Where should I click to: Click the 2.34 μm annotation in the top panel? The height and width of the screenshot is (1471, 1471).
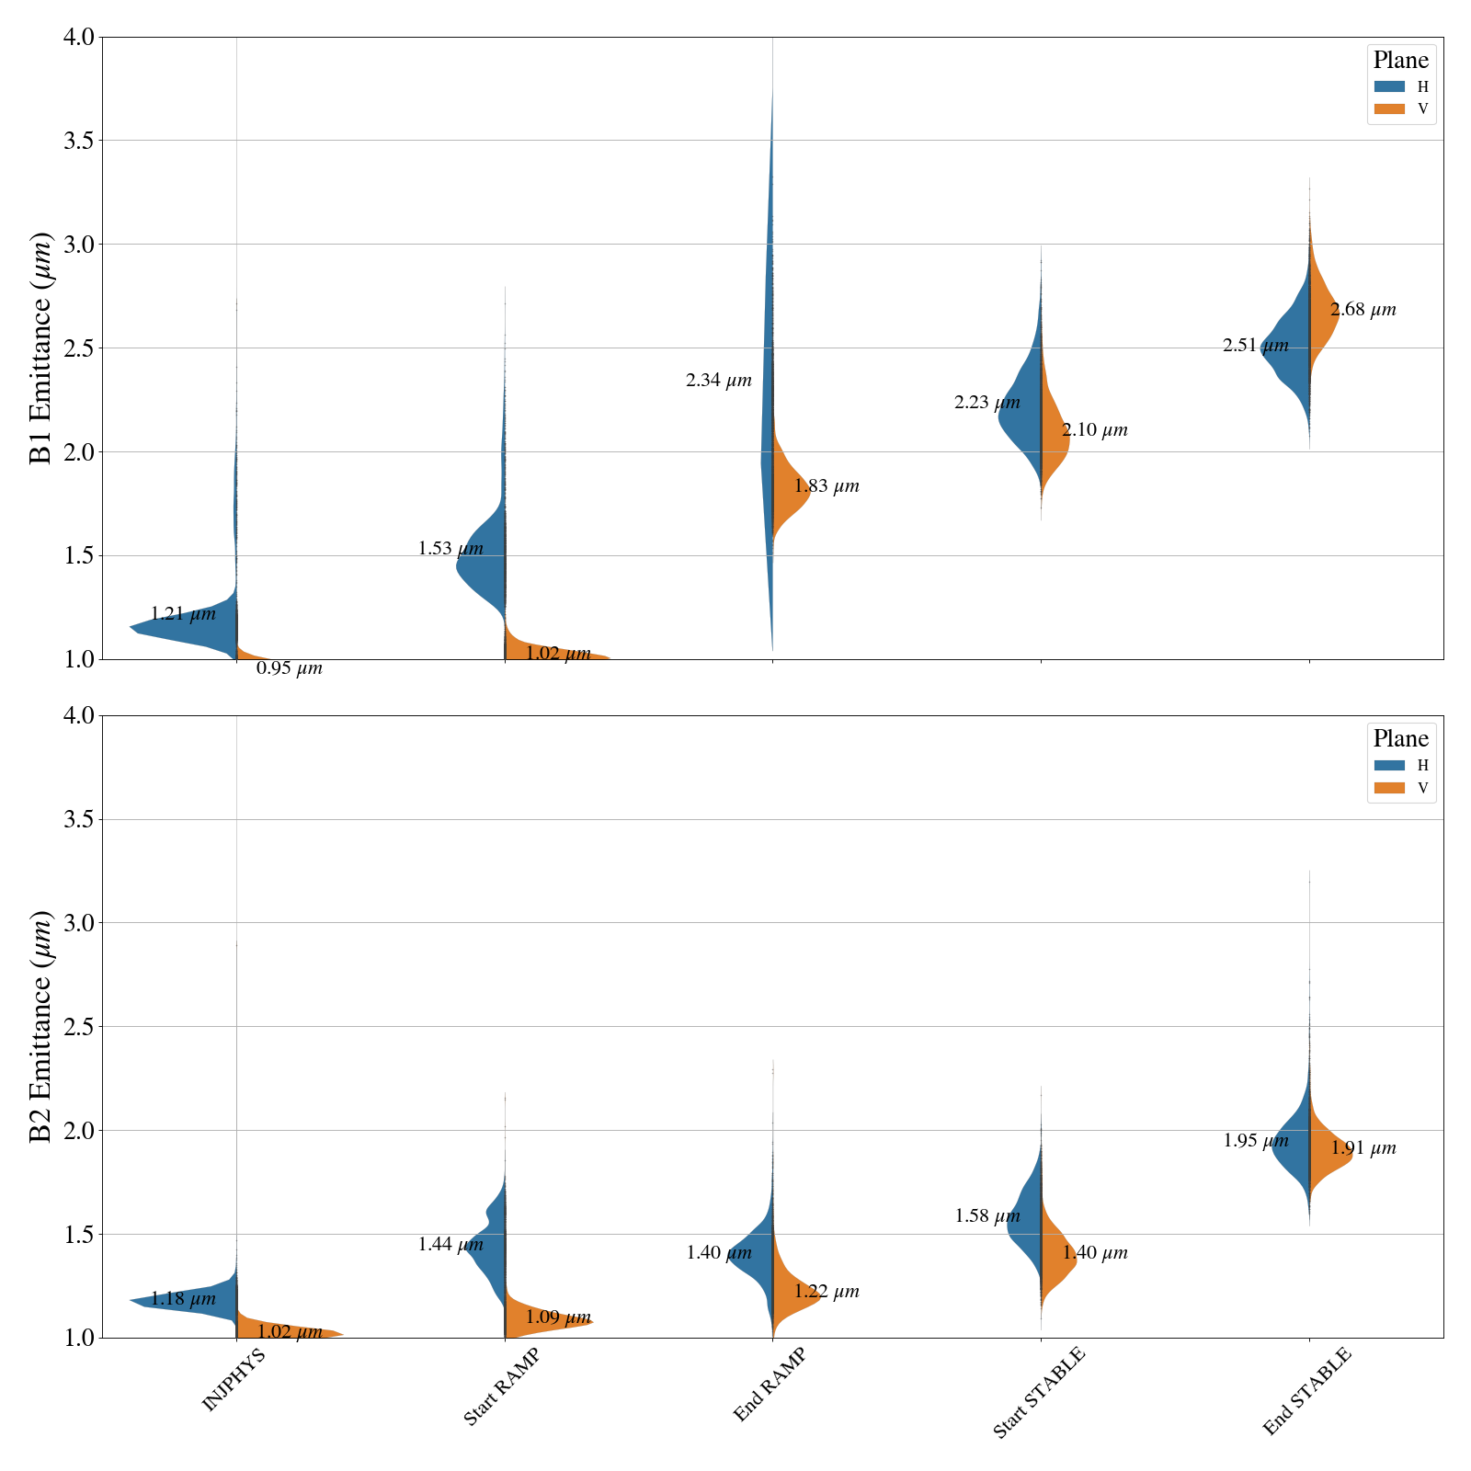[x=719, y=381]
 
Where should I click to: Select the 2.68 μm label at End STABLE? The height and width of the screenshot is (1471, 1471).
[x=1363, y=310]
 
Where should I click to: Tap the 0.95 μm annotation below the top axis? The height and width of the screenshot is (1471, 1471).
[x=290, y=668]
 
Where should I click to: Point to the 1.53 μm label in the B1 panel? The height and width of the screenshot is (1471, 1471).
[x=450, y=549]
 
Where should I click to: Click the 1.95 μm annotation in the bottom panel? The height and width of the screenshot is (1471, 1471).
[x=1256, y=1141]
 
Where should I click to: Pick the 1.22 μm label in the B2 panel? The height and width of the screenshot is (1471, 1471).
[x=827, y=1292]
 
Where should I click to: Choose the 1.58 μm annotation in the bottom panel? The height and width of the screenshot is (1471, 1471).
[x=987, y=1216]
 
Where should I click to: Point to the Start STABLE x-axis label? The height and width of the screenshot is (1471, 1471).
[x=1039, y=1392]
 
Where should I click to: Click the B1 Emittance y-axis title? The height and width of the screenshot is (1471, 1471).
[x=41, y=348]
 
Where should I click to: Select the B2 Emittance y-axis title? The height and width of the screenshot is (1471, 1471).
[x=41, y=1026]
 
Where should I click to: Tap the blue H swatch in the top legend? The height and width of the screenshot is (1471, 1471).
[x=1389, y=86]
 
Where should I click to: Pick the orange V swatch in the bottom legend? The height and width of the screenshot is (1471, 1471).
[x=1389, y=788]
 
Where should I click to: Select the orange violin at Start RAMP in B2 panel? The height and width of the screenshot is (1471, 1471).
[x=542, y=1319]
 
